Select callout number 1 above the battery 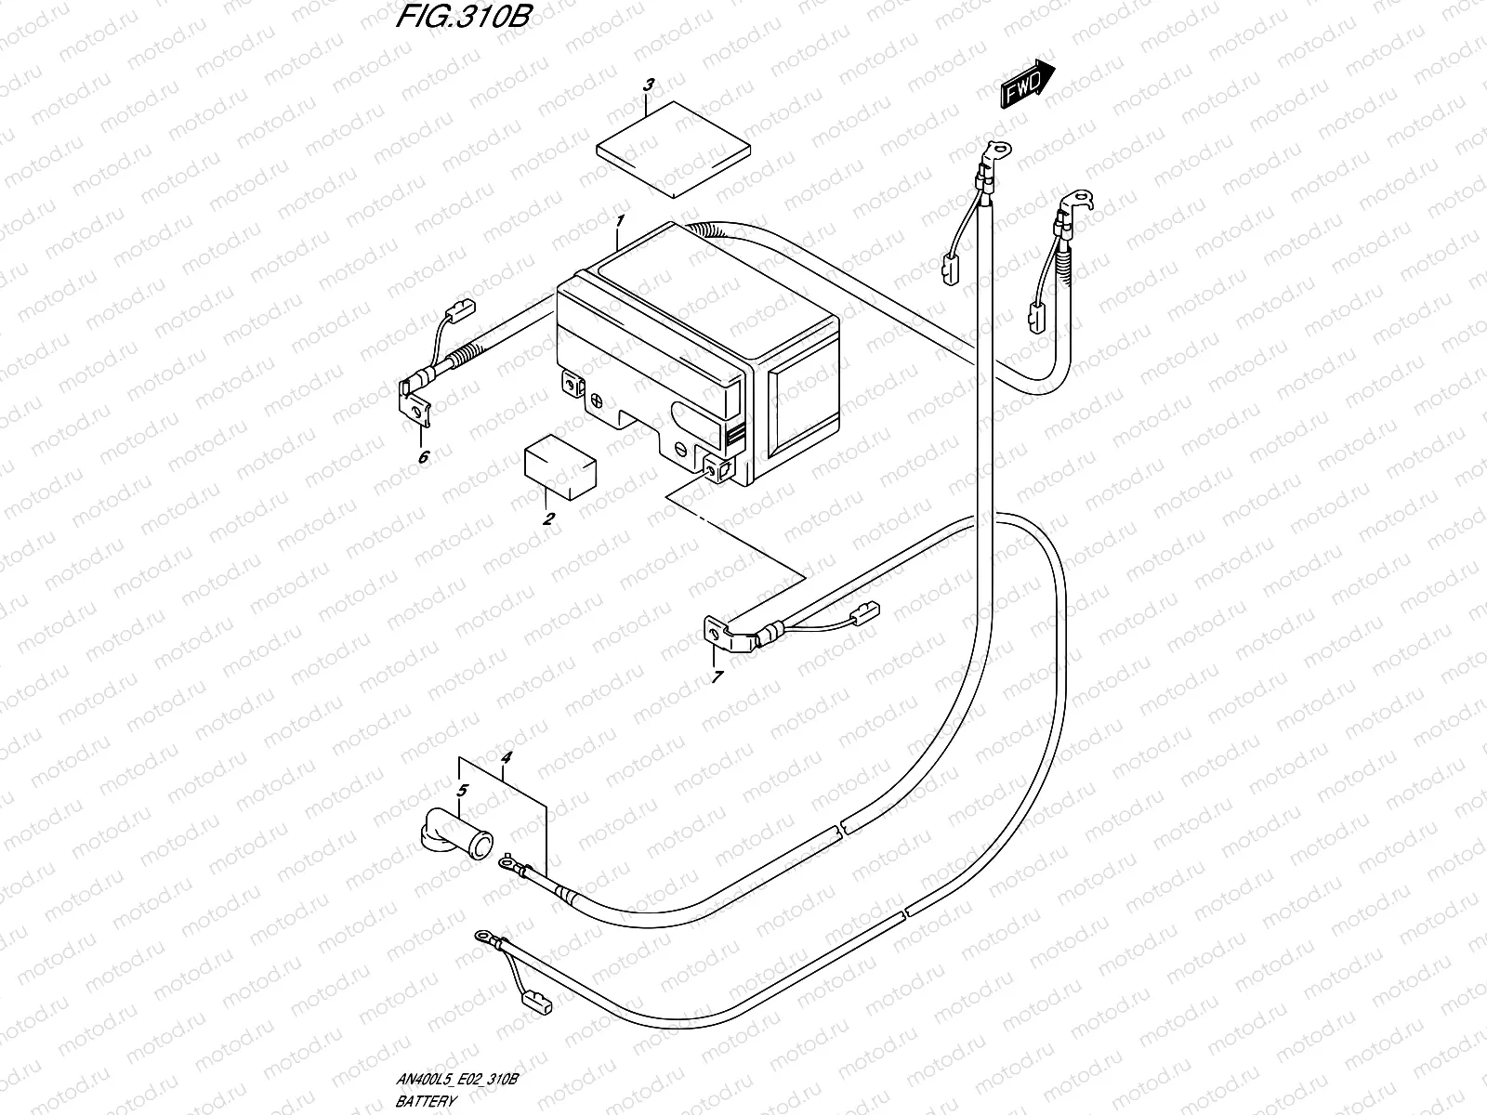coord(621,220)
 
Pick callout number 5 coord(463,791)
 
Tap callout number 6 coord(424,457)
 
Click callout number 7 coord(717,677)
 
